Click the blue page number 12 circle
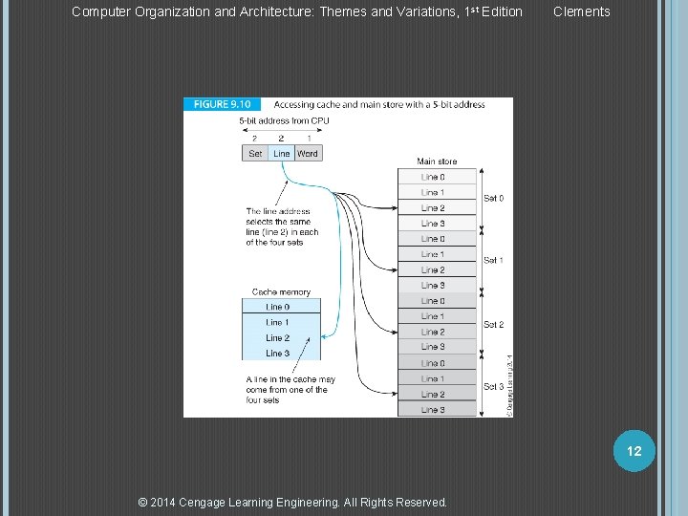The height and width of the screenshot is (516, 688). (634, 450)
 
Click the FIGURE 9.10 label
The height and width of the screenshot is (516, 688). (223, 104)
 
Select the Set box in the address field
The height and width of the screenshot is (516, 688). (255, 153)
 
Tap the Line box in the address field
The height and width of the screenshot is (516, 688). (281, 153)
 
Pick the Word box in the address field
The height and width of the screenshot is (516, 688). (308, 153)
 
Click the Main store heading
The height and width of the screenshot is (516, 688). (437, 161)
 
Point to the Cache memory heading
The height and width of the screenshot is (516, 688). (281, 292)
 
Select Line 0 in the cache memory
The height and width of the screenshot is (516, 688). (278, 307)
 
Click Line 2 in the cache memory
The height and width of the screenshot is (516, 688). (278, 338)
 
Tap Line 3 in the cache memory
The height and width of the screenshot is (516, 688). (278, 354)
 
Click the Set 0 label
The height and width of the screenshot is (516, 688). (493, 199)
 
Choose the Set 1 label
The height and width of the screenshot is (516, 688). (493, 260)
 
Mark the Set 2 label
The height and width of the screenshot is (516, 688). (493, 325)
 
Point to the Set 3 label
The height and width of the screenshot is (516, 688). (493, 387)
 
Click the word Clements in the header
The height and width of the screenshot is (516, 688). (581, 11)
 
